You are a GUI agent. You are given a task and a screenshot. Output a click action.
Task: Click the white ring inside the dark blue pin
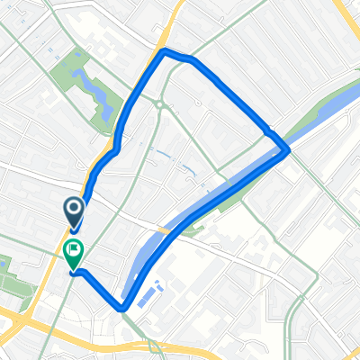point(74,211)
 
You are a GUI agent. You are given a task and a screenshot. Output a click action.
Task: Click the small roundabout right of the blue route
point(159,104)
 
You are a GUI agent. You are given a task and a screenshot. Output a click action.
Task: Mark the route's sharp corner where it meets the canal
point(287,151)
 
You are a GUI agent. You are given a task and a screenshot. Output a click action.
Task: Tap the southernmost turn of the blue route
point(122,309)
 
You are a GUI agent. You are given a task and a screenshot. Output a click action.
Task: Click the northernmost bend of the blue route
point(164,52)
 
